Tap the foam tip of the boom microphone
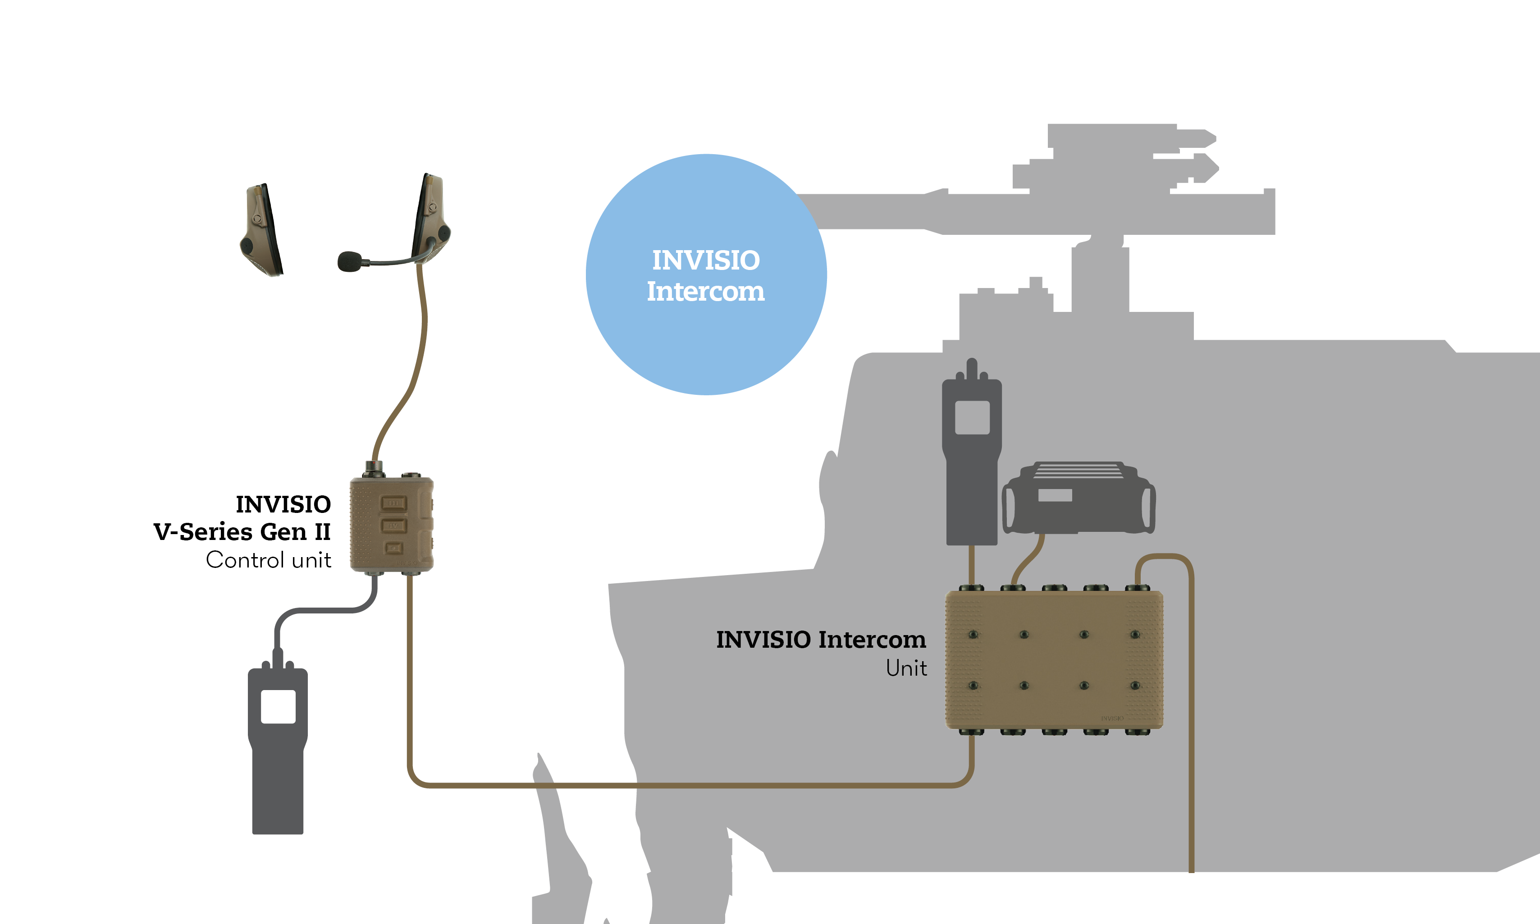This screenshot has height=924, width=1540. [x=349, y=261]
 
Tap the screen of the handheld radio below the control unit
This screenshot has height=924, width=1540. [x=278, y=706]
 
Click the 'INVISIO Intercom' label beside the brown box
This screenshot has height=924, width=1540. [x=820, y=640]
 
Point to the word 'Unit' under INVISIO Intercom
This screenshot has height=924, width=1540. [x=906, y=668]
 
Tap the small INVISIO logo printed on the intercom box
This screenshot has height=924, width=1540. [x=1112, y=718]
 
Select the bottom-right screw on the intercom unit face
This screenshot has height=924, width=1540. [x=1135, y=686]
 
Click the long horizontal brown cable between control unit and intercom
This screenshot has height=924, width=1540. [x=685, y=786]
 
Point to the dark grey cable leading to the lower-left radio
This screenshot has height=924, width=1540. [x=324, y=610]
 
